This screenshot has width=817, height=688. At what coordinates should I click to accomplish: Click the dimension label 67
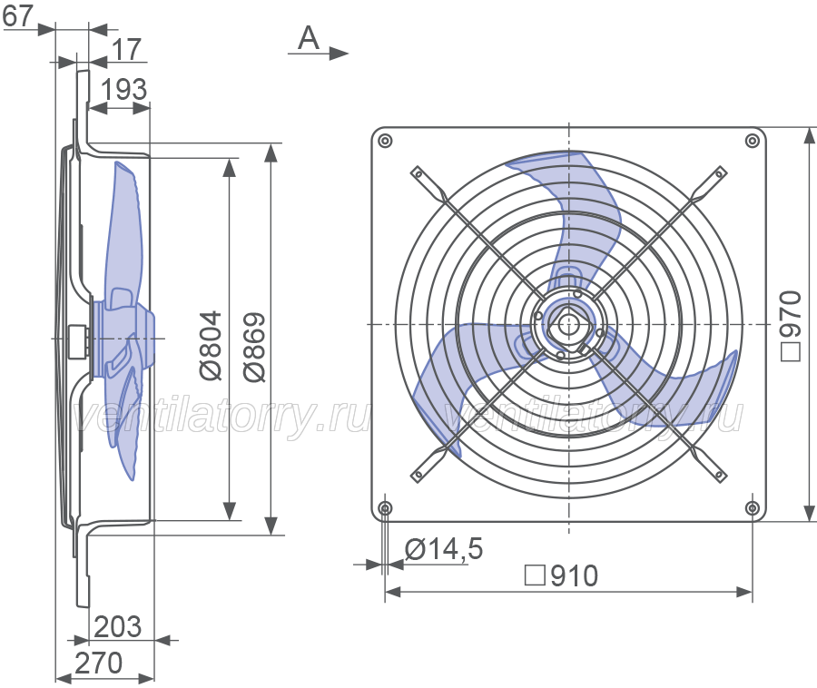tap(17, 15)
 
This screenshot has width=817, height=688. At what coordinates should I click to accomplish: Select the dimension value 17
tap(126, 50)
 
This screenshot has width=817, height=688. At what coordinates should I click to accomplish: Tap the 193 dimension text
tap(124, 89)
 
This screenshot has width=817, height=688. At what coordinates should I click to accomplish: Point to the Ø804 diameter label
tap(211, 346)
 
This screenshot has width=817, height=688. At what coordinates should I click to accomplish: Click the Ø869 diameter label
tap(255, 347)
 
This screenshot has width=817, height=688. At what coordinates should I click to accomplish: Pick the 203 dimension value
tap(118, 626)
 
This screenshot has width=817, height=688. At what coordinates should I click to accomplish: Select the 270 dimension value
tap(99, 663)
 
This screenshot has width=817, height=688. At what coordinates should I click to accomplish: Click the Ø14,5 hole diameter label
tap(444, 549)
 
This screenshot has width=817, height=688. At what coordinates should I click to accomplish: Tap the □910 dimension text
tap(561, 576)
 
